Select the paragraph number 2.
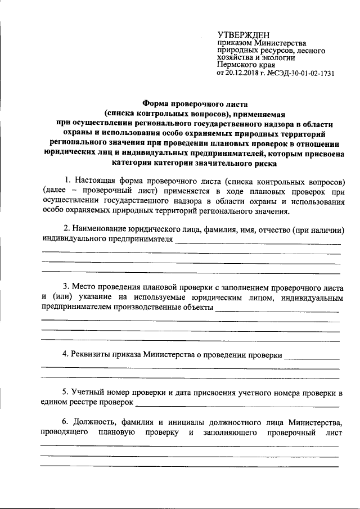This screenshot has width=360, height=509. coord(67,229)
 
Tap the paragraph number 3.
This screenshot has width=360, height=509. coord(67,287)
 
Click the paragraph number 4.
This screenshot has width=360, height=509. coord(67,355)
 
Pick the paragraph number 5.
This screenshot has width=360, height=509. coord(67,392)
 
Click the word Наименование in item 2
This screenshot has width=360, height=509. coord(100,229)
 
